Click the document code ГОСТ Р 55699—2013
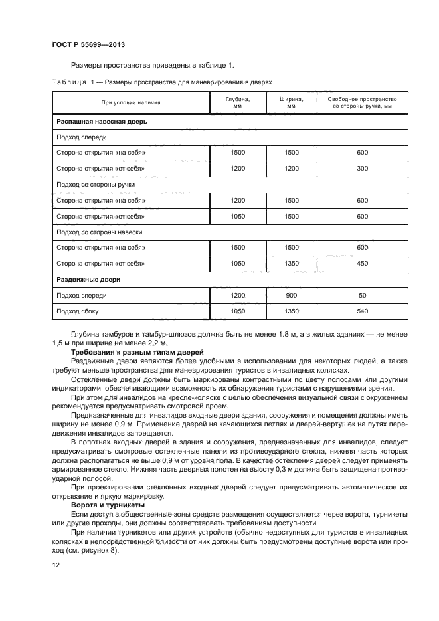click(88, 44)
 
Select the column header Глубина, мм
click(237, 102)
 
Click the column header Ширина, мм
click(292, 102)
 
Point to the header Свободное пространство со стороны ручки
click(362, 102)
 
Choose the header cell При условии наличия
click(131, 102)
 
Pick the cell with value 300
click(362, 169)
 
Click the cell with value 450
click(362, 263)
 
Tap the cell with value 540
click(362, 310)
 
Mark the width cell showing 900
click(292, 295)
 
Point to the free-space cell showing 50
click(362, 295)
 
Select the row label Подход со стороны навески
click(98, 232)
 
